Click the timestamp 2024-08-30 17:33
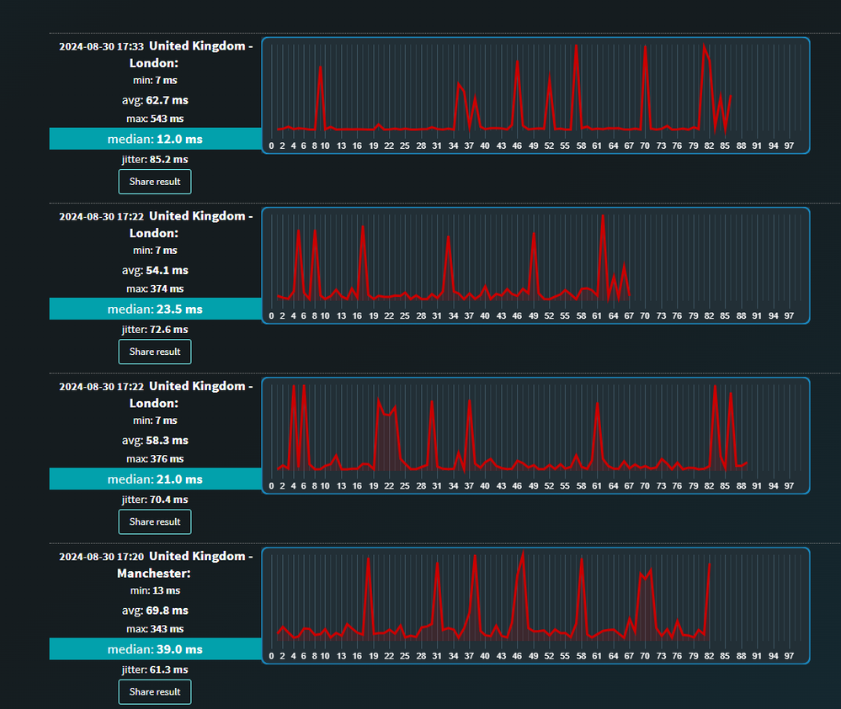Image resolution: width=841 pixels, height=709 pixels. (x=101, y=47)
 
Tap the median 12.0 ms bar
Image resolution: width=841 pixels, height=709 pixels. (x=155, y=139)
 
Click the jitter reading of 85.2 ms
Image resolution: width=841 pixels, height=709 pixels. (x=155, y=159)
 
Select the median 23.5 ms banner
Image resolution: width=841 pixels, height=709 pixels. (x=155, y=309)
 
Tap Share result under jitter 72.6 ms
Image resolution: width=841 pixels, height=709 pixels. (x=155, y=352)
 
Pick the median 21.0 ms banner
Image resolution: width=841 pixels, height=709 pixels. (x=155, y=479)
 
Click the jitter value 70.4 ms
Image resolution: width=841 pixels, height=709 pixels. (x=155, y=500)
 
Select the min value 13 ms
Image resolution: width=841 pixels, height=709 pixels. (x=155, y=590)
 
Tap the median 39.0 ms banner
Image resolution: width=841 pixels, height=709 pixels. (x=155, y=649)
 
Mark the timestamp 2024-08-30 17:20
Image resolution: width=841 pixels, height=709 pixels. (x=101, y=557)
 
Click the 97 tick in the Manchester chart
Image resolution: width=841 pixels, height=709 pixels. (x=789, y=656)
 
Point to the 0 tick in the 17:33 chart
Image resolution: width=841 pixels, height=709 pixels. (x=271, y=146)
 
